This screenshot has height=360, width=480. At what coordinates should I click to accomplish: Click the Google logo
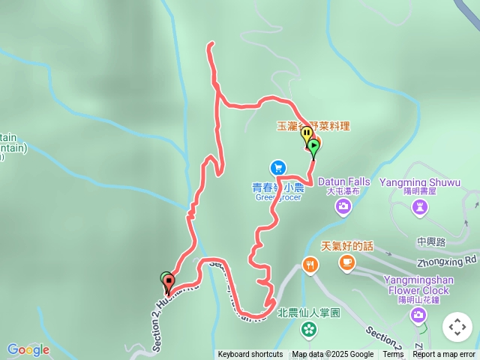click(x=28, y=349)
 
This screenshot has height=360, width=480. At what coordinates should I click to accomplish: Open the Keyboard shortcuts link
click(x=250, y=355)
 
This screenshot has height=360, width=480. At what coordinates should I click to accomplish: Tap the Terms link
click(x=393, y=355)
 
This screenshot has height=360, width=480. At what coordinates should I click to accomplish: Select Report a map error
click(x=444, y=355)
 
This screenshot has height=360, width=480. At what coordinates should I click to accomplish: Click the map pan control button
click(x=457, y=327)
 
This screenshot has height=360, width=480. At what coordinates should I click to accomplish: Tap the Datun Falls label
click(x=343, y=181)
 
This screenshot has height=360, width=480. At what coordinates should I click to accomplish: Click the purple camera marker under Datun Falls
click(x=343, y=206)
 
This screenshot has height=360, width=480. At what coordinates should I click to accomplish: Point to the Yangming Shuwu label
click(x=419, y=181)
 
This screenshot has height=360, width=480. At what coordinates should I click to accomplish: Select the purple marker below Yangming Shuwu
click(x=419, y=206)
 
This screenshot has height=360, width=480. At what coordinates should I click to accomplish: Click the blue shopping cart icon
click(x=277, y=166)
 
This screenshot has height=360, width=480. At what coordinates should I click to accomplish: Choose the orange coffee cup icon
click(x=346, y=262)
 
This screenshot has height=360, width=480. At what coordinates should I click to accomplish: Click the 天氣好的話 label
click(x=347, y=245)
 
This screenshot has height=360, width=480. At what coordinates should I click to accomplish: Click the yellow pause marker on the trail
click(x=307, y=133)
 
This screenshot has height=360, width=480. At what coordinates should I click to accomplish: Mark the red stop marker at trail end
click(x=169, y=283)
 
